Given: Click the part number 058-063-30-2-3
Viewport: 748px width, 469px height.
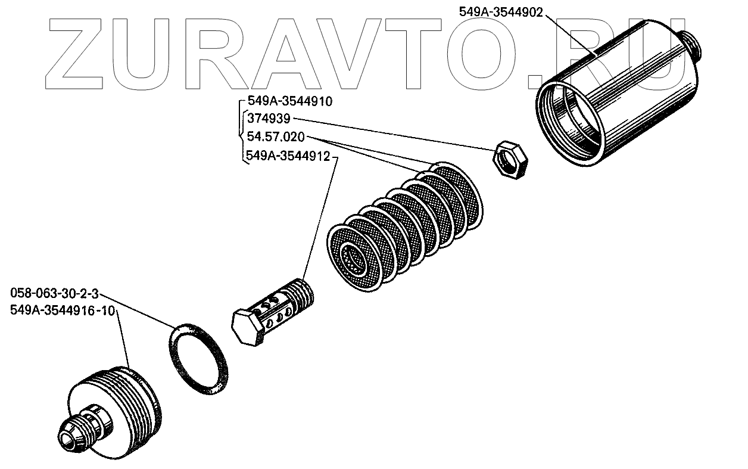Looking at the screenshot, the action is tap(54, 294).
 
